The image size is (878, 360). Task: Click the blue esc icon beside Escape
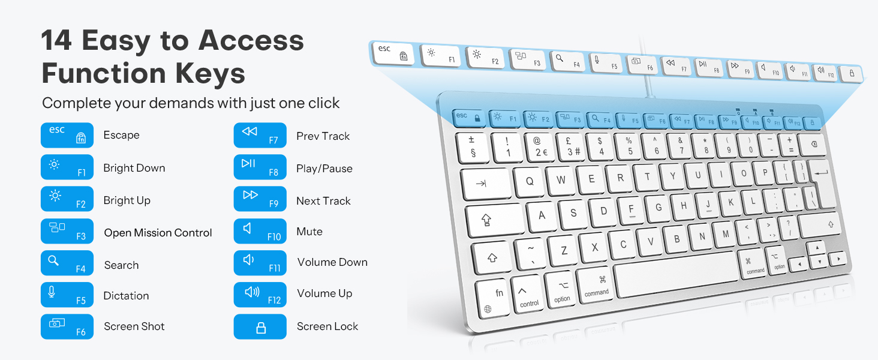pos(67,135)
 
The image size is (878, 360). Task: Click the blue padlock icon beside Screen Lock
pos(260,327)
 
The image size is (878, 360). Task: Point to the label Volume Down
pos(332,262)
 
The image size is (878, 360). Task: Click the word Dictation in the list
pos(126,296)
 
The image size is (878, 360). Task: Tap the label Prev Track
pos(323,136)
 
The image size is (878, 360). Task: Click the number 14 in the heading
pos(56,41)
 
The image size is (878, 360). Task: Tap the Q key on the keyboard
pos(530,181)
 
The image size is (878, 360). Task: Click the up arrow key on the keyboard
pos(816,248)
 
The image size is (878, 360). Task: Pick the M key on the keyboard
pos(725,233)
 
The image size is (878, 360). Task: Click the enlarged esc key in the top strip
pos(393,53)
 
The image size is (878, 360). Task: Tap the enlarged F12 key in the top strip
pos(825,72)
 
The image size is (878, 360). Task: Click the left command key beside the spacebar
pos(596,287)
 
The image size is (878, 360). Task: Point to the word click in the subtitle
pos(324,103)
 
